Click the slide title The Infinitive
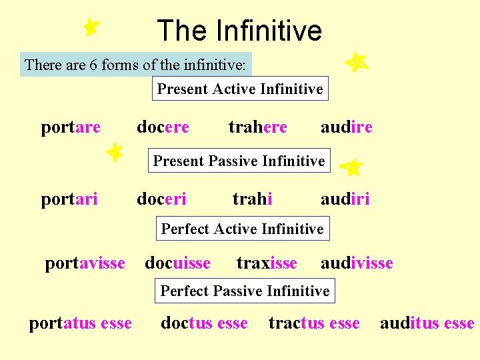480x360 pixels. (239, 31)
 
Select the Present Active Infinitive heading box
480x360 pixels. (240, 89)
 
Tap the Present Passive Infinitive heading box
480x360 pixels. (239, 161)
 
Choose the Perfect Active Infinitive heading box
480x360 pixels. (242, 229)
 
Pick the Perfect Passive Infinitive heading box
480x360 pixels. (245, 291)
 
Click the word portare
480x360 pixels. (71, 127)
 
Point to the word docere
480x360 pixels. (163, 127)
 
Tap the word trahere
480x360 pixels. (258, 127)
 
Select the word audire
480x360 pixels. (346, 127)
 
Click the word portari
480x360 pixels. (69, 199)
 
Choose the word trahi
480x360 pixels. (252, 199)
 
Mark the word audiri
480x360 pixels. (345, 199)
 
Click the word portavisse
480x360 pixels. (85, 263)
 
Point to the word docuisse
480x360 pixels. (177, 263)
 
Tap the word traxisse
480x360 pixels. (267, 263)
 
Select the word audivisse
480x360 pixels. (357, 263)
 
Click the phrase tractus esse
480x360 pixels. (314, 324)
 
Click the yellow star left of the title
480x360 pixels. (91, 27)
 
